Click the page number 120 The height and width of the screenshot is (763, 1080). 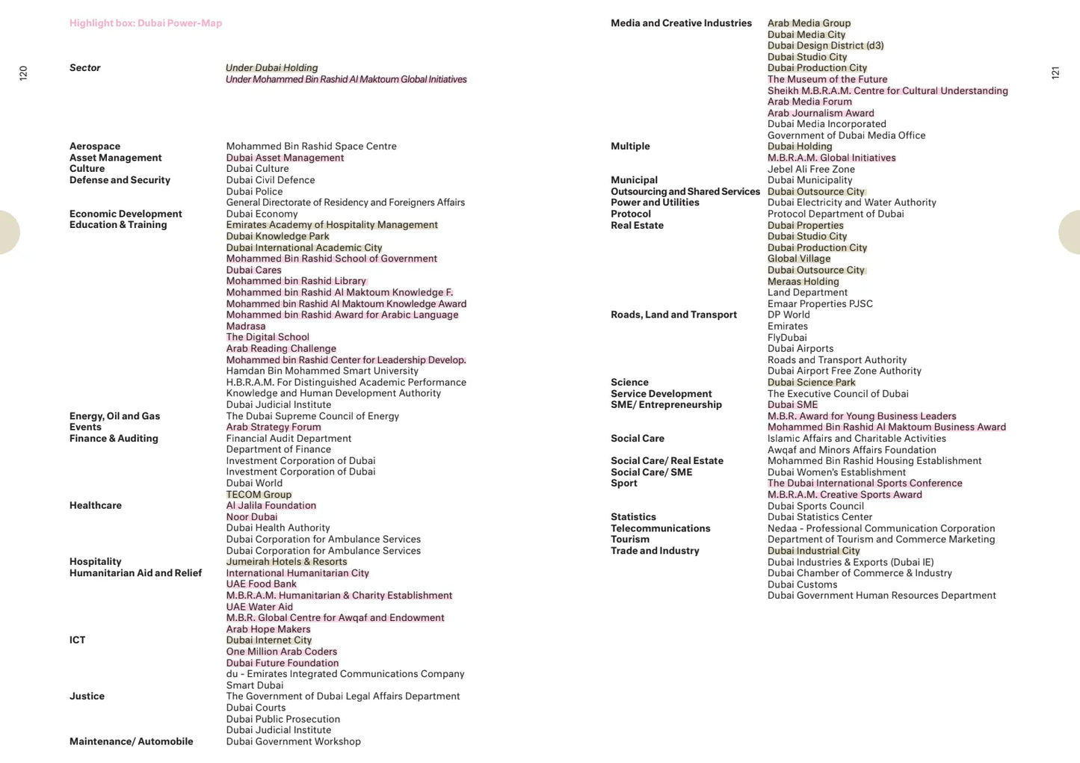[x=23, y=72]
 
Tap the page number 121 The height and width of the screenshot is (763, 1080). [x=1055, y=72]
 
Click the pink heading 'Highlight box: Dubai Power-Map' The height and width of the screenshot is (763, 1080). [x=146, y=23]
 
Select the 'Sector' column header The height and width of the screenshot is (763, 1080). [x=85, y=68]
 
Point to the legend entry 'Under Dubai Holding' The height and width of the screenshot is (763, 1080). [x=271, y=68]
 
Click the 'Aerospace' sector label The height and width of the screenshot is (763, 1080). [x=95, y=146]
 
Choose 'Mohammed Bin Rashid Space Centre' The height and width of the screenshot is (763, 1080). [x=311, y=146]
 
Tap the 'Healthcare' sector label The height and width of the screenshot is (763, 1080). [x=96, y=506]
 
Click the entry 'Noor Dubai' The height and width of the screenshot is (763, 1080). [x=252, y=517]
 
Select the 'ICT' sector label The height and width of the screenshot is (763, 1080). [x=78, y=640]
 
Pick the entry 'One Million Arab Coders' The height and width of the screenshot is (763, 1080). [x=282, y=652]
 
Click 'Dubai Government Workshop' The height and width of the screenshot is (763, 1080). [x=293, y=741]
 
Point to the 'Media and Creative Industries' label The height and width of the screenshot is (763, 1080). [x=681, y=23]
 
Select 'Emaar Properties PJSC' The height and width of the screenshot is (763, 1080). [x=820, y=304]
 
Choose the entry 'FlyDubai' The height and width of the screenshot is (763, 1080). [x=787, y=338]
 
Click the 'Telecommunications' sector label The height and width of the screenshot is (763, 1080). [x=661, y=528]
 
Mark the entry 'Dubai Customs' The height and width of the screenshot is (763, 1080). [x=802, y=584]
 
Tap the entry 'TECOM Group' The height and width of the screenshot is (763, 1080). [x=259, y=495]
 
